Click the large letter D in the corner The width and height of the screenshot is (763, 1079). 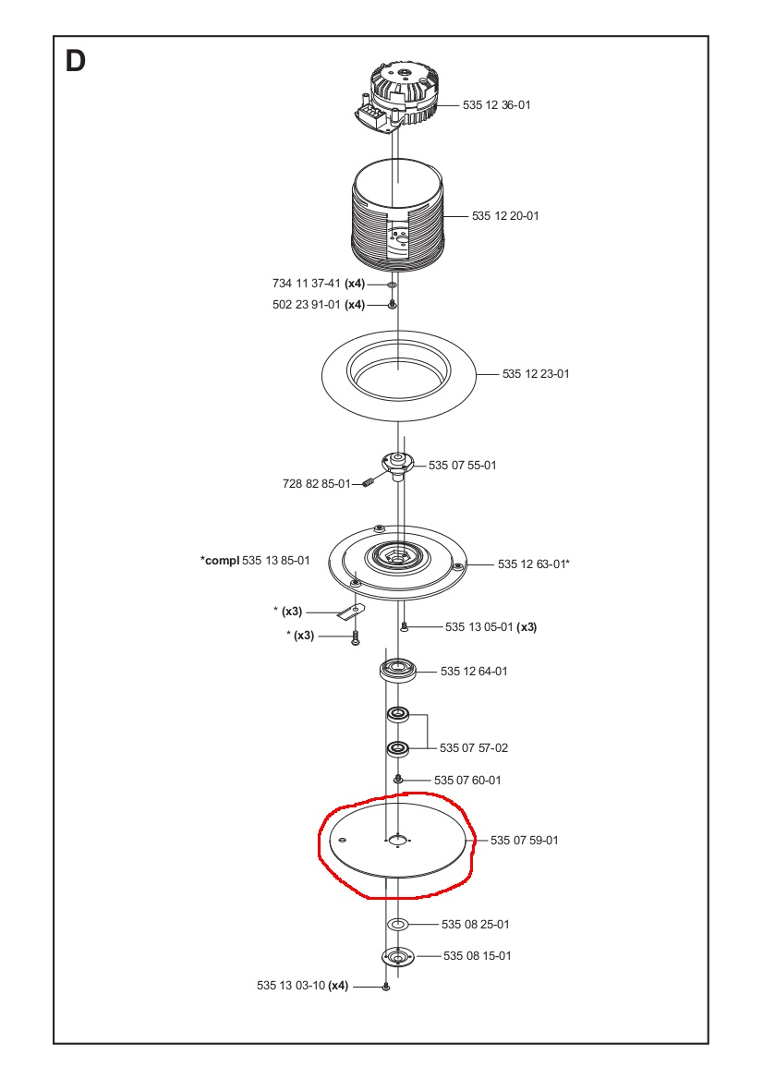tap(76, 61)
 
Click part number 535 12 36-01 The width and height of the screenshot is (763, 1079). tap(497, 105)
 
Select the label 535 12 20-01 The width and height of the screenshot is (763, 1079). tap(505, 216)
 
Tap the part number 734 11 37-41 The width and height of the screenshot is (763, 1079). tap(306, 284)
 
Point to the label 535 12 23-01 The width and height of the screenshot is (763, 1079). tap(536, 373)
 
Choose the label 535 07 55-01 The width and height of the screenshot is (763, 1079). tap(463, 466)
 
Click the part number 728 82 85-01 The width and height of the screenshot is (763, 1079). tap(317, 484)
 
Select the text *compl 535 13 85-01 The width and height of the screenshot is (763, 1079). tap(255, 560)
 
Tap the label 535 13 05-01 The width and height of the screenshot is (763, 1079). tap(478, 627)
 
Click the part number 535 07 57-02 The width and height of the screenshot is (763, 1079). tap(474, 748)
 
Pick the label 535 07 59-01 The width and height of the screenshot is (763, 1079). tap(525, 841)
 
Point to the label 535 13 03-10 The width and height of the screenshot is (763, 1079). tap(291, 986)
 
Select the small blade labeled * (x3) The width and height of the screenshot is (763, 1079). tap(351, 611)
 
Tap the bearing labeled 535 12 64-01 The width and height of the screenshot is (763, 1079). tap(398, 670)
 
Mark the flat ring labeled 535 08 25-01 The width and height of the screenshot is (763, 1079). tap(398, 924)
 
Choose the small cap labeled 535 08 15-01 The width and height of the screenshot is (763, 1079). tap(398, 956)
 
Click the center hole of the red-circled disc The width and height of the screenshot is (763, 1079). tap(398, 841)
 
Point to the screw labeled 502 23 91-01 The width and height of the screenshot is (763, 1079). tap(392, 304)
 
